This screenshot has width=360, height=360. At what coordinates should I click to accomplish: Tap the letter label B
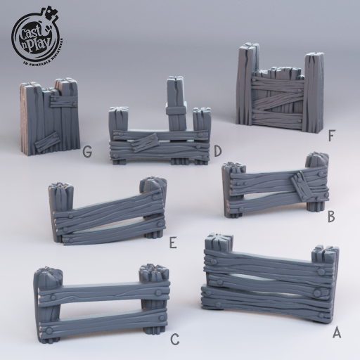click(331, 217)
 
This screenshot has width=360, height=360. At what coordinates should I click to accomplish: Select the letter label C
click(174, 340)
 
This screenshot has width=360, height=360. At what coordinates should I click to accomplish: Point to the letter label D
click(218, 150)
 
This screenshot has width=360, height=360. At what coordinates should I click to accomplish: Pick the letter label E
click(172, 243)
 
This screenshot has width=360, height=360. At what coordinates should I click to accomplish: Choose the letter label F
click(331, 131)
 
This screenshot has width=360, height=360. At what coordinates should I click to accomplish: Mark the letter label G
click(87, 151)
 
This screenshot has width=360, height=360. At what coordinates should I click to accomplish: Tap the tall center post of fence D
click(176, 102)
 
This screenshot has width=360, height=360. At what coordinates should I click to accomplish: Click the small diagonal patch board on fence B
click(302, 186)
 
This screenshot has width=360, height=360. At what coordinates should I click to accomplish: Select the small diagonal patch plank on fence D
click(146, 143)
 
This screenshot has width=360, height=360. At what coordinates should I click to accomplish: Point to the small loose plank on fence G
click(47, 142)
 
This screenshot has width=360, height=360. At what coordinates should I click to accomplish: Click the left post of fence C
click(48, 304)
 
